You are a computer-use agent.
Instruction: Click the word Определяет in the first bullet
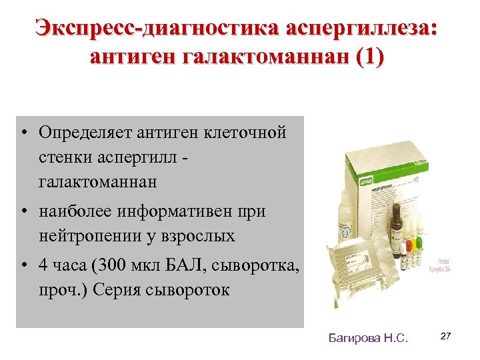(85, 132)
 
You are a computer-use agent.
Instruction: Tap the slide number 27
(446, 337)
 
